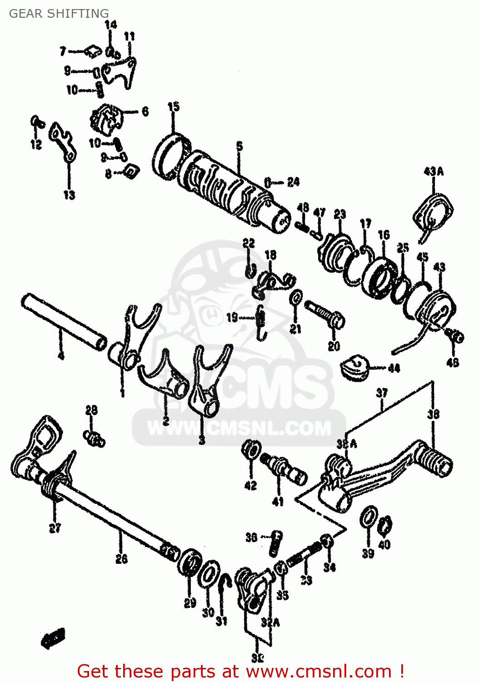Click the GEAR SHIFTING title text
[59, 14]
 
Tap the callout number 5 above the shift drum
[239, 146]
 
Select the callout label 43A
[433, 171]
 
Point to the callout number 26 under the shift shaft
[121, 558]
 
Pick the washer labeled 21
[296, 298]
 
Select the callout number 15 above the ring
[174, 107]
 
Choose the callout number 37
[382, 392]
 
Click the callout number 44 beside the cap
[394, 368]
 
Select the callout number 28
[91, 410]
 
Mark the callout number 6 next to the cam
[145, 111]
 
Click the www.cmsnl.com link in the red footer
[318, 671]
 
